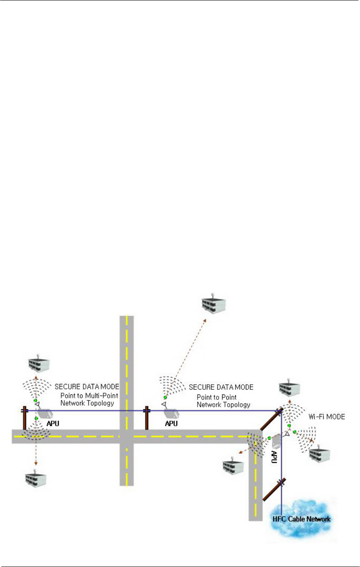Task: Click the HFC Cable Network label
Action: coord(300,518)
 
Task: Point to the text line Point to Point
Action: coord(216,397)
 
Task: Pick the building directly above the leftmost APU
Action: coord(39,363)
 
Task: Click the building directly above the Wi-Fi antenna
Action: coord(289,388)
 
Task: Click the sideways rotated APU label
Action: coord(273,456)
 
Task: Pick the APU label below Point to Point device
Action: coord(171,423)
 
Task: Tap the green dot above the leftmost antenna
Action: coord(36,400)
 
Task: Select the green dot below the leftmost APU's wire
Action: coord(36,419)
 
